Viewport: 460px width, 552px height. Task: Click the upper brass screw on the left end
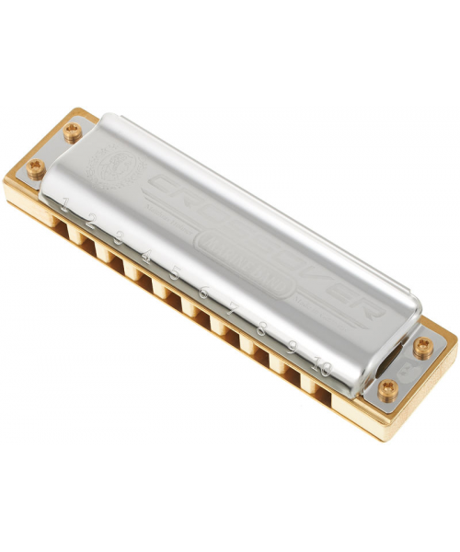[73, 130]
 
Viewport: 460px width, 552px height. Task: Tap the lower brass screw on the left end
[36, 167]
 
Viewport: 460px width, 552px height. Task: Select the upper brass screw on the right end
[422, 346]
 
